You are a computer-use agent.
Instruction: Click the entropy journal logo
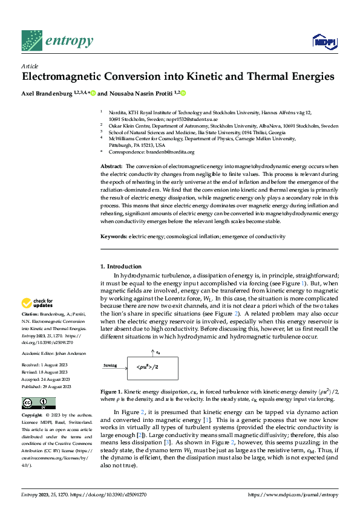(57, 41)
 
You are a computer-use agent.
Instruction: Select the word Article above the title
(30, 66)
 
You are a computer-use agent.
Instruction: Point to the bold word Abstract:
(111, 166)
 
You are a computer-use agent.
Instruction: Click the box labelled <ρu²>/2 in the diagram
(148, 367)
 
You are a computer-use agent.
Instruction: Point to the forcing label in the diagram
(110, 365)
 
